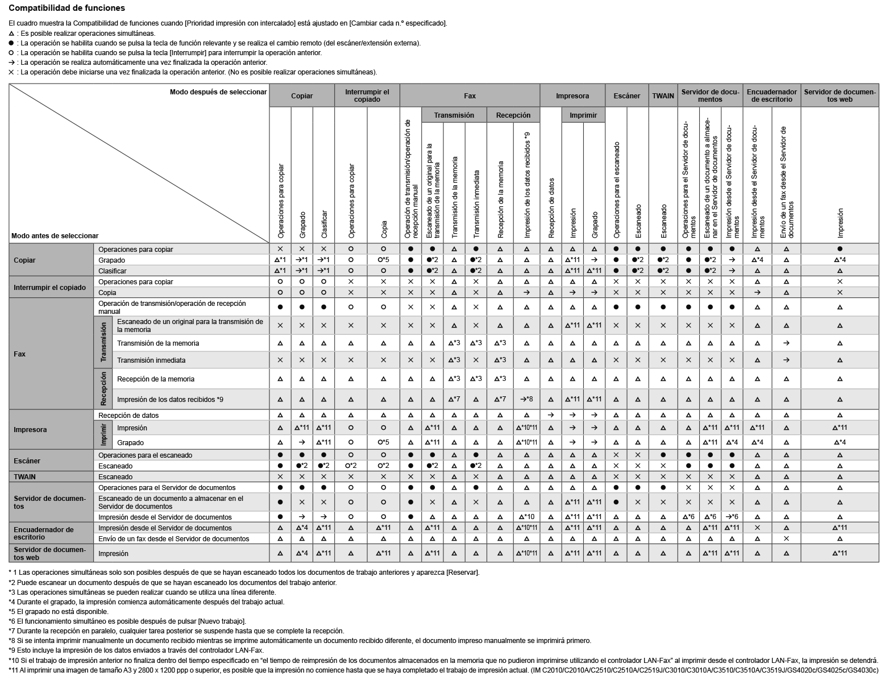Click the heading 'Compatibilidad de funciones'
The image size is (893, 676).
click(x=67, y=9)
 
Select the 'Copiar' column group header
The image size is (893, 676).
click(x=301, y=96)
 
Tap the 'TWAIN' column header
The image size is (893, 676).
click(x=663, y=96)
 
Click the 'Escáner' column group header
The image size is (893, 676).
click(x=626, y=96)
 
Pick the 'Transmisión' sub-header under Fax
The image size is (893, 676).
click(x=454, y=115)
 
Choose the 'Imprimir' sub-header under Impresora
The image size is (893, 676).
click(x=583, y=115)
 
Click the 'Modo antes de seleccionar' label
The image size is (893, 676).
click(x=55, y=236)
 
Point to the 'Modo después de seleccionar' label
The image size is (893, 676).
click(x=218, y=92)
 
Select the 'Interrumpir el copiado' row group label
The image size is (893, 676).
click(x=49, y=288)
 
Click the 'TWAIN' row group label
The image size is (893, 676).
click(x=24, y=477)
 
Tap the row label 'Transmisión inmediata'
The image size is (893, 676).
click(x=151, y=360)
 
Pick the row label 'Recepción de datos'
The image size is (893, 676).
click(x=128, y=416)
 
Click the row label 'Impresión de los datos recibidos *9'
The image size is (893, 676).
click(x=170, y=400)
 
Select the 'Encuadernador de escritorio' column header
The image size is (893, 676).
click(x=771, y=96)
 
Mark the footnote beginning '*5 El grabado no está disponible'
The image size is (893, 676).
click(x=59, y=612)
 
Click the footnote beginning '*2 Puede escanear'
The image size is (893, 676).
click(x=172, y=583)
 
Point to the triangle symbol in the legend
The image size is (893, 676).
click(x=11, y=34)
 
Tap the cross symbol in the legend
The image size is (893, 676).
click(x=11, y=72)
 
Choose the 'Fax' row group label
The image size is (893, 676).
click(x=19, y=354)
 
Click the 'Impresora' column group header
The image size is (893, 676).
click(x=572, y=96)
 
